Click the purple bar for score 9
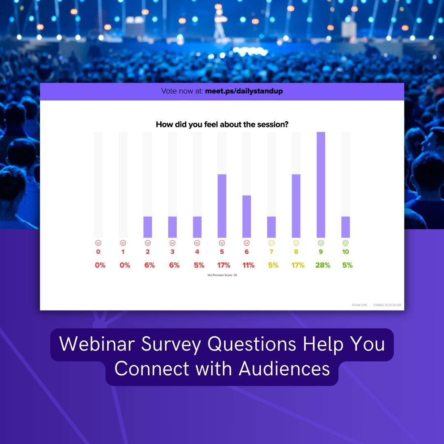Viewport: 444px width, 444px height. [321, 185]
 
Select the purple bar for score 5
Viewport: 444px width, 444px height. [222, 206]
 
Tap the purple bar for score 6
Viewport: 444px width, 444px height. [247, 216]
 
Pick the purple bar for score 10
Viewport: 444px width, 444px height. [345, 227]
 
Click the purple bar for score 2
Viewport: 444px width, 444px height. [148, 227]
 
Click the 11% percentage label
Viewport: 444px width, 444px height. [248, 265]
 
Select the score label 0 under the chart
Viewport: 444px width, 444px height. [98, 252]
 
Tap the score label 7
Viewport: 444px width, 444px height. [271, 252]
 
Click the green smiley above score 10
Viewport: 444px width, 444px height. [345, 243]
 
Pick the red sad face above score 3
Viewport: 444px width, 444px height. [172, 243]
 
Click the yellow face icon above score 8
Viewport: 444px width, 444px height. [296, 243]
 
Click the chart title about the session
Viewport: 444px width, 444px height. [222, 124]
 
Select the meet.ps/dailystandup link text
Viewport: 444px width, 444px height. [244, 91]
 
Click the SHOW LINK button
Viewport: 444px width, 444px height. [359, 305]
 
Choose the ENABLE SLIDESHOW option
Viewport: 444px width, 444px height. [387, 305]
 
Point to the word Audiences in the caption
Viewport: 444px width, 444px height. [284, 369]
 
